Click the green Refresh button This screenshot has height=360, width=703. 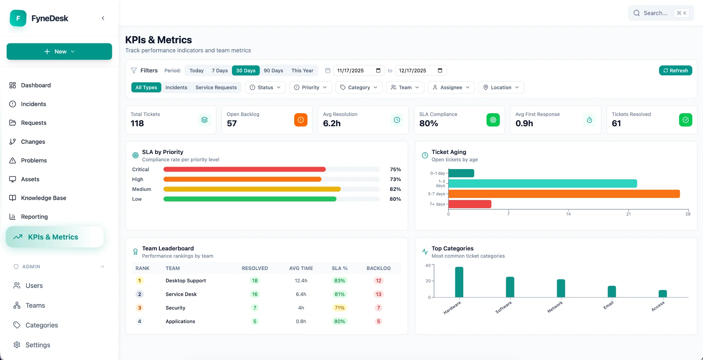675,70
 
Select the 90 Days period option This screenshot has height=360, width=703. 273,70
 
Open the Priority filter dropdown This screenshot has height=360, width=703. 310,87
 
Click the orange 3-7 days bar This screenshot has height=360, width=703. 564,194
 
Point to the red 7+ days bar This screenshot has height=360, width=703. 470,204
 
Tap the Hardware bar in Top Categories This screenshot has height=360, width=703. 459,282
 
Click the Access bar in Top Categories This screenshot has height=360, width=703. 663,294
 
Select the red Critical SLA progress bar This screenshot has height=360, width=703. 244,169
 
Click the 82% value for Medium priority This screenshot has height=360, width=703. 395,189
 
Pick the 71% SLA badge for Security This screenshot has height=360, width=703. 339,308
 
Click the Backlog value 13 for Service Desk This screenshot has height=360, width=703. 378,294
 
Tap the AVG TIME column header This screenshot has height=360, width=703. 301,268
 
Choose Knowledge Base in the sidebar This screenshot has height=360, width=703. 44,198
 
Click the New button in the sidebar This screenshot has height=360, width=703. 59,51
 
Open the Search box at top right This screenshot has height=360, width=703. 660,13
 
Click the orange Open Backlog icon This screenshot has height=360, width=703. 301,120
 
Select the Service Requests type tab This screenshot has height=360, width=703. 216,87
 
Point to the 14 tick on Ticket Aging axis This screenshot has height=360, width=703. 568,214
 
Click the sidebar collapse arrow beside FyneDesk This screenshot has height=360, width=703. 103,18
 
